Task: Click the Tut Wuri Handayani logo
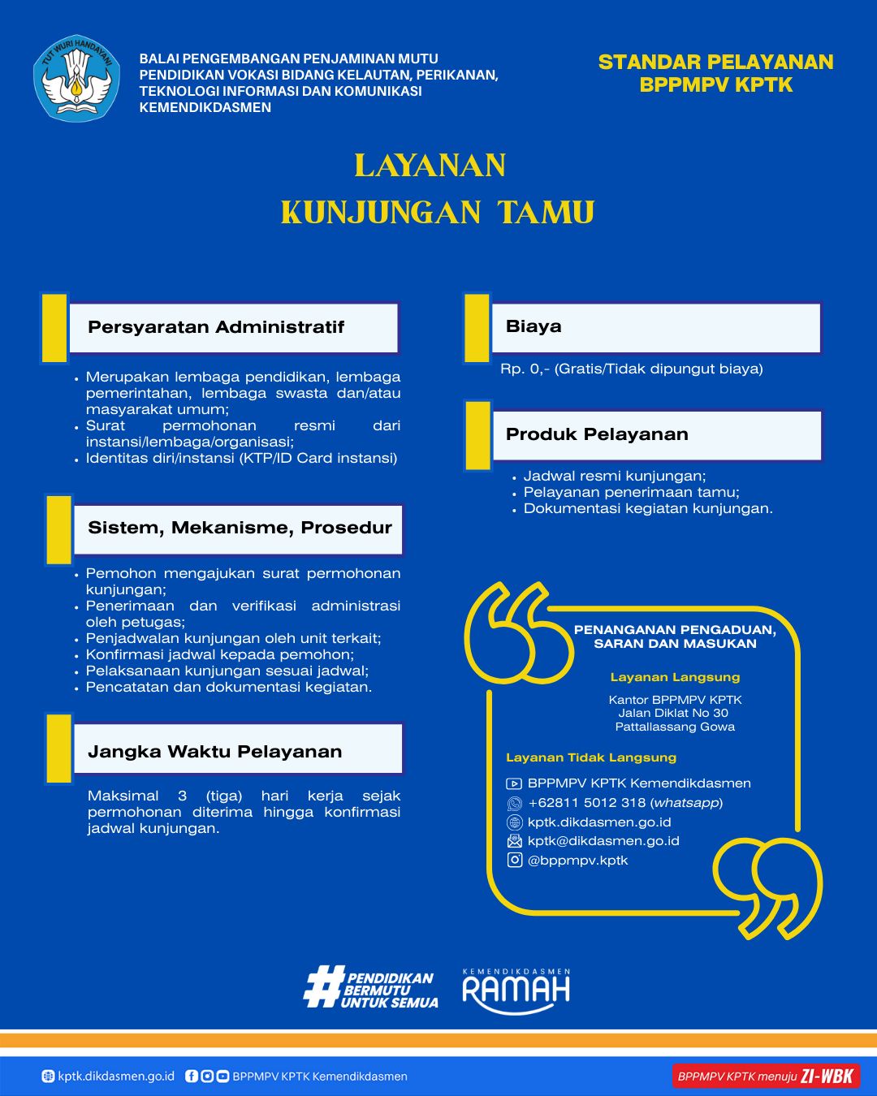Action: point(76,79)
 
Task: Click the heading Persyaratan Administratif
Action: point(216,327)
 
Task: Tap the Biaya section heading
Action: point(534,326)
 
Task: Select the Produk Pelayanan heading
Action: point(597,434)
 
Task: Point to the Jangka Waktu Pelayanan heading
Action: point(214,752)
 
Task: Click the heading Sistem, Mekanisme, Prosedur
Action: point(240,528)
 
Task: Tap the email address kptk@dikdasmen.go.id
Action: point(603,841)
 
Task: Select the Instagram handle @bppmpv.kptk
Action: point(577,861)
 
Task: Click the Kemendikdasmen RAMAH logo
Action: point(516,990)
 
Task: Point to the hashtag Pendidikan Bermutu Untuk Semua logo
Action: point(371,990)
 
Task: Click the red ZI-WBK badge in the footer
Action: point(766,1077)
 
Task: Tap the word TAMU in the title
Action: point(546,213)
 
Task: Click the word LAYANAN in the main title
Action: point(430,166)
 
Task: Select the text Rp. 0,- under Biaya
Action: point(525,369)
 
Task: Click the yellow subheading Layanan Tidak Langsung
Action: point(591,757)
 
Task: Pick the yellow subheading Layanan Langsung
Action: point(675,677)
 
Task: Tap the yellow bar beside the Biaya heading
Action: point(477,328)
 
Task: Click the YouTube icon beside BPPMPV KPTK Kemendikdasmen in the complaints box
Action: point(514,783)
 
